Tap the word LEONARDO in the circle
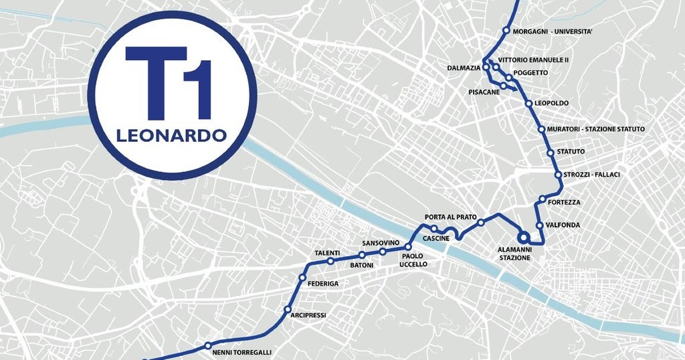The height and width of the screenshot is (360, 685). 171,135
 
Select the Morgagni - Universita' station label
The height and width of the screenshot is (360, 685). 553,31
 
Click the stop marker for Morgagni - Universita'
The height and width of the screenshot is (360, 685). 506,30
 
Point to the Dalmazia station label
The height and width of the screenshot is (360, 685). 464,68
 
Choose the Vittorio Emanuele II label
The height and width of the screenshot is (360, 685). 538,60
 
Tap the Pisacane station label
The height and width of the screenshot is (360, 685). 484,92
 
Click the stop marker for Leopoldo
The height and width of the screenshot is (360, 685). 528,104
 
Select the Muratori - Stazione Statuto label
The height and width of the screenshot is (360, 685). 595,128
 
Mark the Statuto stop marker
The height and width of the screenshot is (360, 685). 551,153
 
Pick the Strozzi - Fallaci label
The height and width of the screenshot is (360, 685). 591,175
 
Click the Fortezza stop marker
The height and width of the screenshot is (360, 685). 543,199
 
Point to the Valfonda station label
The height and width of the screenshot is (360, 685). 563,225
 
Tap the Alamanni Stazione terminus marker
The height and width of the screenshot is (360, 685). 523,237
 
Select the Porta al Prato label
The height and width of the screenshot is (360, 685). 451,217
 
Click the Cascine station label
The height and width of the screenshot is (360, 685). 436,238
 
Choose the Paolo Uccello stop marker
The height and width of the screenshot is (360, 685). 408,248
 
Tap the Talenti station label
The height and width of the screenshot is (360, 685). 327,253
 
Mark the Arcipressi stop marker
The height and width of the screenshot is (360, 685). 288,310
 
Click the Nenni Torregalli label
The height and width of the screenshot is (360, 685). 241,352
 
